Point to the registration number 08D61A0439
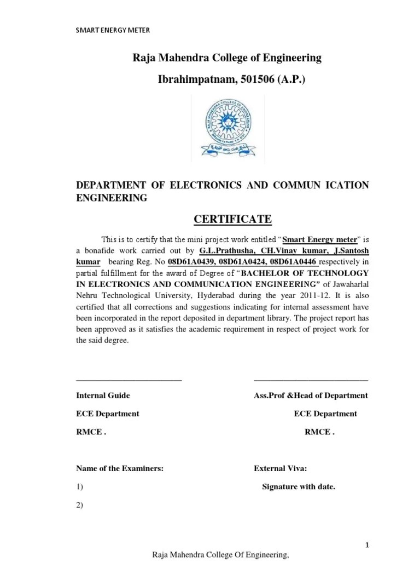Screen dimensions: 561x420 point(192,261)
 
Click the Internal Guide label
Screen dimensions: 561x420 point(103,396)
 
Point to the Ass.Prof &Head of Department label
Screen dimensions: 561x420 point(311,396)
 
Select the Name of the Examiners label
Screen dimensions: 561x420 point(120,468)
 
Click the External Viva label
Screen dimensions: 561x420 point(281,468)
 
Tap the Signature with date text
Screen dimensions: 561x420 point(299,486)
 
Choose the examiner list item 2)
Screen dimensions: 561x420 point(79,505)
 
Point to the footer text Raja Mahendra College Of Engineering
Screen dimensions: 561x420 point(220,555)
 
